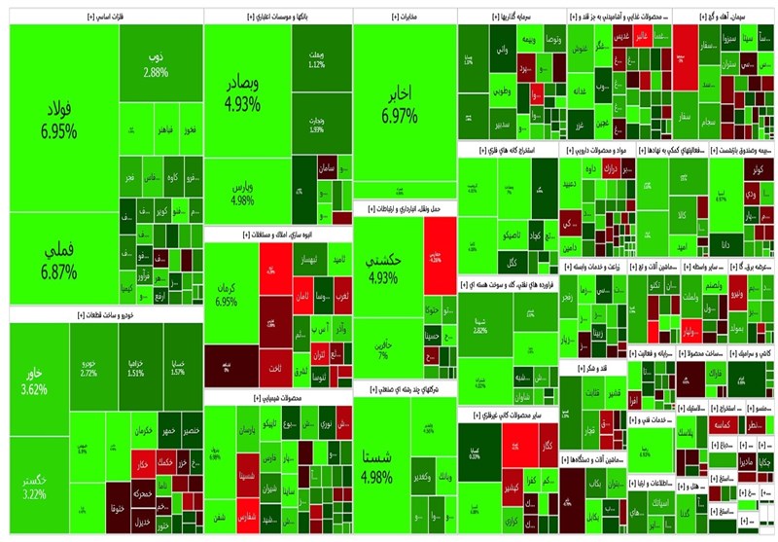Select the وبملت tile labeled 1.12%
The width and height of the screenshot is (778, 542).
(x=316, y=58)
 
